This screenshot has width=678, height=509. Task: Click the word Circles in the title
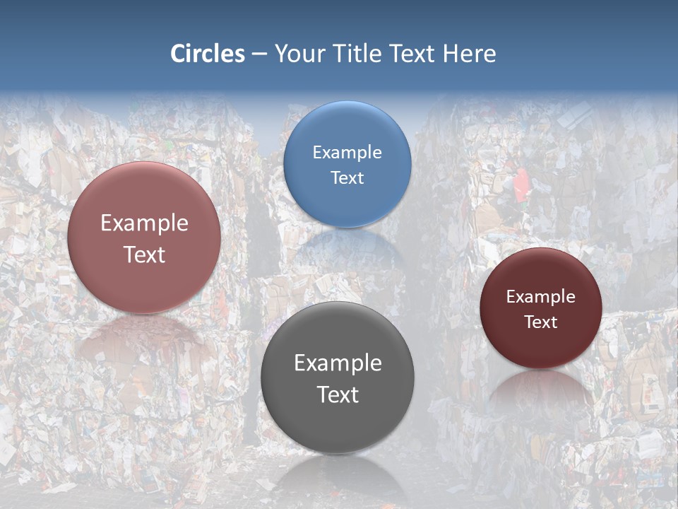pyautogui.click(x=207, y=54)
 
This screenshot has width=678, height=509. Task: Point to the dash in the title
pyautogui.click(x=259, y=54)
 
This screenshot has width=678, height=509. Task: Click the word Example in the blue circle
pyautogui.click(x=347, y=153)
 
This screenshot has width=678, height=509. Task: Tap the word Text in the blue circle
pyautogui.click(x=347, y=177)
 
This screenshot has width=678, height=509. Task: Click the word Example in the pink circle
pyautogui.click(x=144, y=223)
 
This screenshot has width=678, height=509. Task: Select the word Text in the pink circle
pyautogui.click(x=144, y=255)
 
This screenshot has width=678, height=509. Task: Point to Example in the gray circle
pyautogui.click(x=338, y=363)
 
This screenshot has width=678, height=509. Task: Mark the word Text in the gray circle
pyautogui.click(x=338, y=394)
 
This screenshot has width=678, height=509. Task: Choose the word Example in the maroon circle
pyautogui.click(x=541, y=297)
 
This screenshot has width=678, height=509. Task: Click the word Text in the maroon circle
pyautogui.click(x=541, y=322)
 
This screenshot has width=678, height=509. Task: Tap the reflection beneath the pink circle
pyautogui.click(x=144, y=339)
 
